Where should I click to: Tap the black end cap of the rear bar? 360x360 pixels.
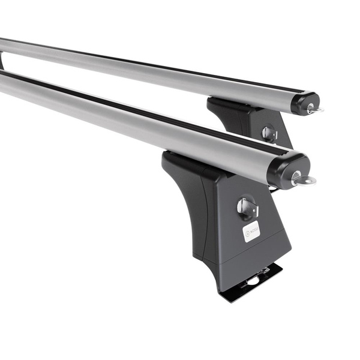[x=304, y=102]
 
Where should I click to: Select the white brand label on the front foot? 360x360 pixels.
[x=251, y=231]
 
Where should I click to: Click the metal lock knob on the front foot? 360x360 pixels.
[x=247, y=208]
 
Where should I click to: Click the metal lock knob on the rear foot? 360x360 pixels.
[x=268, y=133]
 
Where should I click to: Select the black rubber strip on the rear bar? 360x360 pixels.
[x=150, y=60]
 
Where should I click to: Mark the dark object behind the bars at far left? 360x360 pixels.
[x=2, y=61]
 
